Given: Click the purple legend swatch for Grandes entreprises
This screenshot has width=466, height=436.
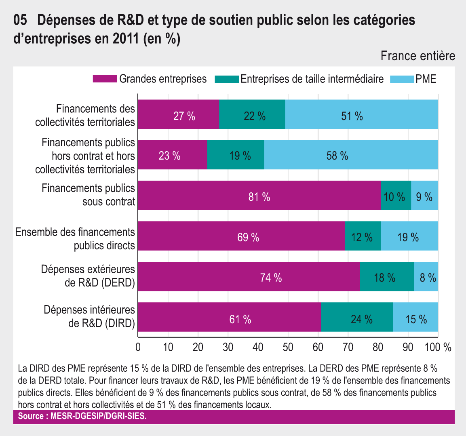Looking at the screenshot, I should point(105,79).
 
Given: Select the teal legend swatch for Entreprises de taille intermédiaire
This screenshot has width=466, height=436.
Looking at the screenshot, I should point(227,79).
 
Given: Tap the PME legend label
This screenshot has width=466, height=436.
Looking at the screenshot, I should point(426,79).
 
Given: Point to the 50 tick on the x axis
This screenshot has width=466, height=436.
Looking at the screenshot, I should point(288,347).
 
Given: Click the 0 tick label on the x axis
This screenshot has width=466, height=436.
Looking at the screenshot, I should point(138,347).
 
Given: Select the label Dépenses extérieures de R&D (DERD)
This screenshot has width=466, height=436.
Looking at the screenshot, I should point(88,276).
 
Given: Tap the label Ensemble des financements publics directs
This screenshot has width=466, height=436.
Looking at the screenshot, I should point(75,238).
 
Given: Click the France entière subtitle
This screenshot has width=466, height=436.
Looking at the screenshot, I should point(418,56).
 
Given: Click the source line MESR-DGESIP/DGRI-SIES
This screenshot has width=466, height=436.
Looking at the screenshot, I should point(82,416).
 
